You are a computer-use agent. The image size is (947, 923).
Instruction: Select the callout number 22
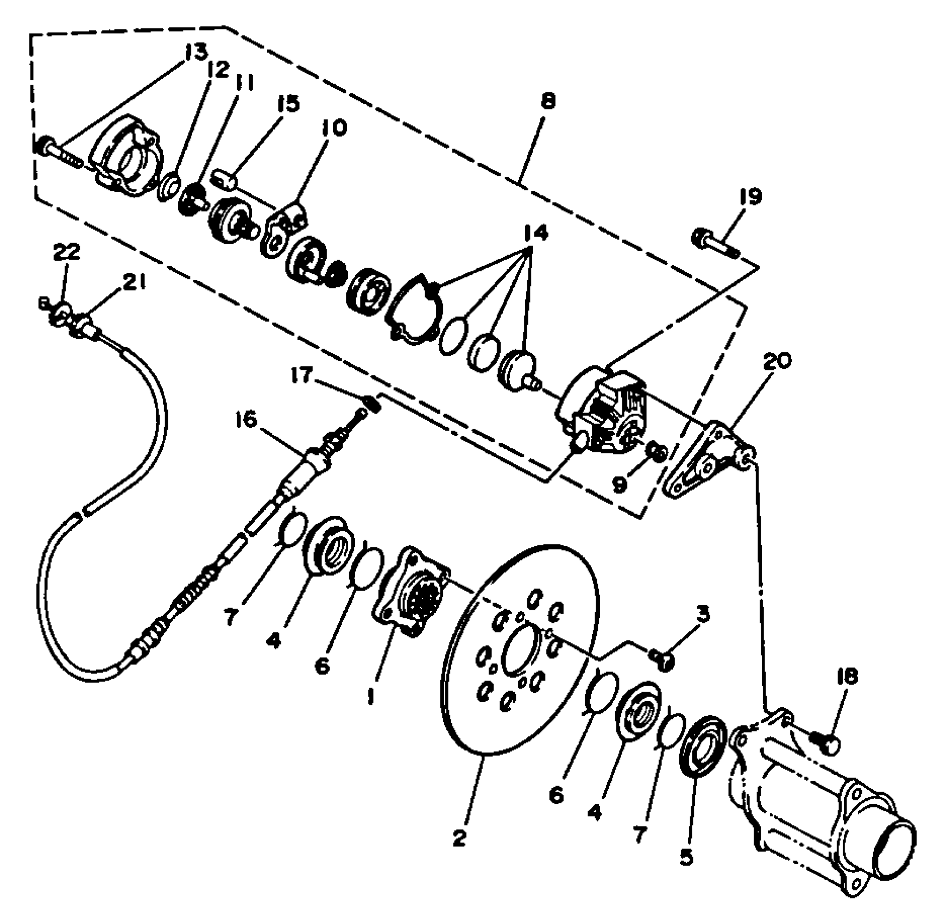(x=66, y=253)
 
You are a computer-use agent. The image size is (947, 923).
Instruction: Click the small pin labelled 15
(x=226, y=180)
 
